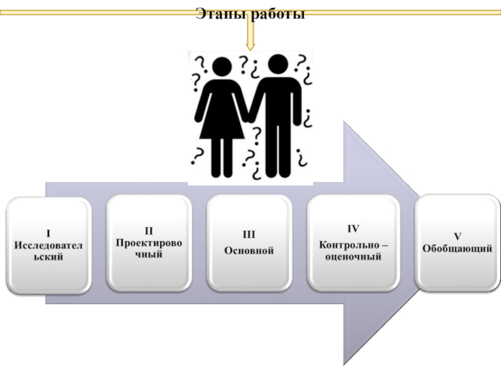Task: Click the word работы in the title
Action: click(x=277, y=14)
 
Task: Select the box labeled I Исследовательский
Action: click(x=48, y=244)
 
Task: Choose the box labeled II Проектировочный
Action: click(x=148, y=242)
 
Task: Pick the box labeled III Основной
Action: click(x=249, y=242)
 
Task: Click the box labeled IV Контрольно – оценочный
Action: click(x=353, y=242)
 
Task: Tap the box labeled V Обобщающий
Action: click(x=457, y=242)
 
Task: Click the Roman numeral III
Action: click(x=249, y=235)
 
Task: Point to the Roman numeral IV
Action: click(x=353, y=228)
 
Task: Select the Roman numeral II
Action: click(x=149, y=231)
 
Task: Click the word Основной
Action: click(x=249, y=250)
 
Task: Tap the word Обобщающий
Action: click(x=457, y=249)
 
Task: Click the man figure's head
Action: click(x=276, y=64)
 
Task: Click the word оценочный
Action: click(x=353, y=256)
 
